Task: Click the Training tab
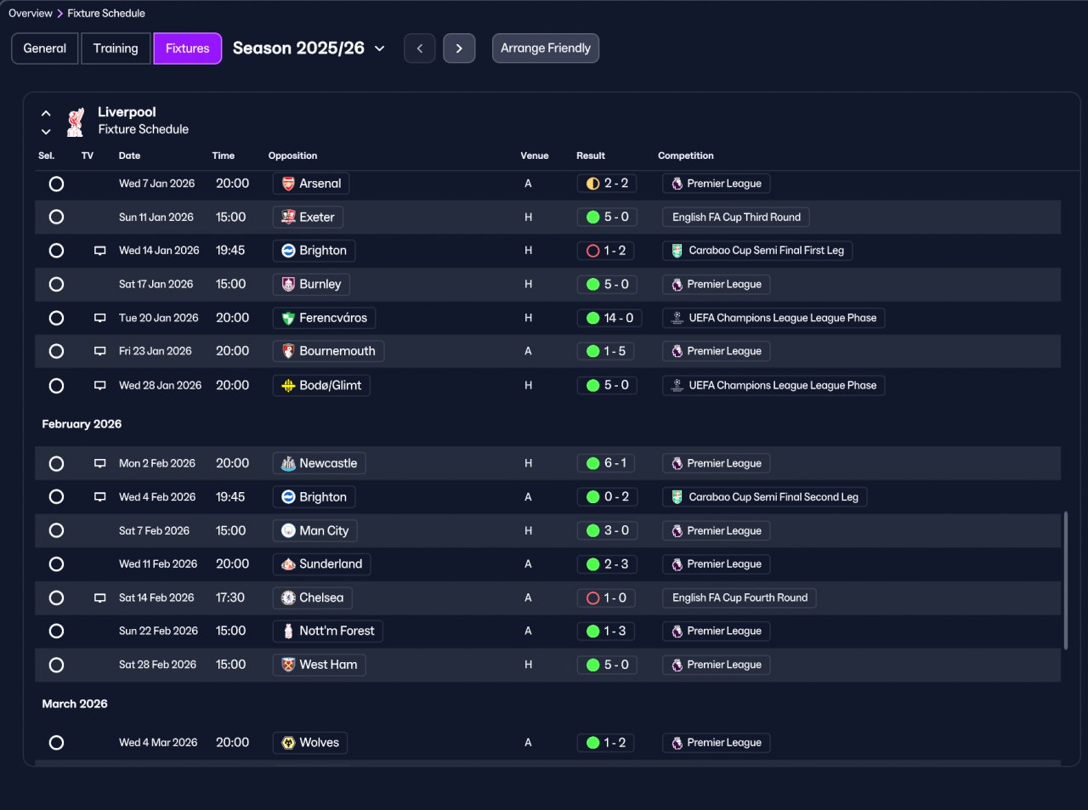(x=116, y=48)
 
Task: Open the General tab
(x=45, y=48)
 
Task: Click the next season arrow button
(x=459, y=48)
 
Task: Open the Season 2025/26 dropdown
(x=309, y=48)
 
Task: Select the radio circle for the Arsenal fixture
(x=56, y=184)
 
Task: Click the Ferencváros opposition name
(x=333, y=318)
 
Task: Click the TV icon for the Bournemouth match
(x=99, y=351)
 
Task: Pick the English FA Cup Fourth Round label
(x=739, y=598)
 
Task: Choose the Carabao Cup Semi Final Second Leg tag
(x=764, y=497)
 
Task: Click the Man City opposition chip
(x=314, y=530)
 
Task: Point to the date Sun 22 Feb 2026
(x=158, y=631)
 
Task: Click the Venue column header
(x=534, y=156)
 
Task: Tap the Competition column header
(x=685, y=156)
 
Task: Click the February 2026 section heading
(x=82, y=424)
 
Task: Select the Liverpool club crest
(x=75, y=122)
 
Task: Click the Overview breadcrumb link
(x=31, y=14)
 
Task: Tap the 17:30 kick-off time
(x=230, y=598)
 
